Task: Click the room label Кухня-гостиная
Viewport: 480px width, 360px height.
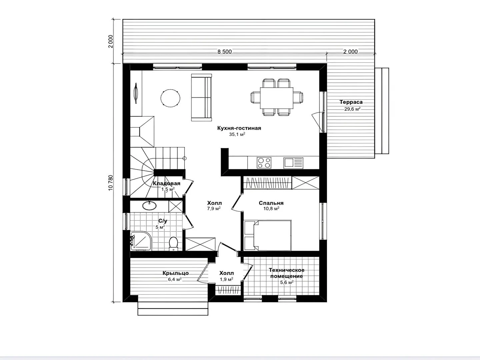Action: [x=239, y=128]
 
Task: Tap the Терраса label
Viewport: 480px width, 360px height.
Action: [x=351, y=102]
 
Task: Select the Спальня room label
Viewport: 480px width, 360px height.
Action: [x=271, y=203]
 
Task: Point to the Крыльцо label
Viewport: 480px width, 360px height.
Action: [x=176, y=273]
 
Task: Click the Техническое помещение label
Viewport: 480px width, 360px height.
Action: [x=287, y=273]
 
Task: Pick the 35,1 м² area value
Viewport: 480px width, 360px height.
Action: [x=237, y=134]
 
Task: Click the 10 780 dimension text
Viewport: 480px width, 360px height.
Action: [x=111, y=183]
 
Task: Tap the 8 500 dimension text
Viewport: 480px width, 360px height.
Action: [x=224, y=52]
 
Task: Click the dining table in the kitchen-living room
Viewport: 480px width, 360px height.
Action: [x=277, y=98]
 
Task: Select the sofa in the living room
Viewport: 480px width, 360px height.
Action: [x=202, y=97]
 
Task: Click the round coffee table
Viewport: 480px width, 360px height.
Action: [x=171, y=98]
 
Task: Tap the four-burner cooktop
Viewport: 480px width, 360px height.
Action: [x=264, y=163]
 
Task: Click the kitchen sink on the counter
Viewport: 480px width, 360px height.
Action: [x=293, y=163]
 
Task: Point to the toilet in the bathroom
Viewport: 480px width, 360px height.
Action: [x=174, y=243]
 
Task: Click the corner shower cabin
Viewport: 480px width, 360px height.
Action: [x=141, y=241]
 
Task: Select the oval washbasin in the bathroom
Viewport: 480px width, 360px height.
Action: [x=150, y=205]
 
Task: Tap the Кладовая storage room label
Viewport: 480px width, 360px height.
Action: [x=166, y=183]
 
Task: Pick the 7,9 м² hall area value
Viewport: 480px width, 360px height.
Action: [x=214, y=209]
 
